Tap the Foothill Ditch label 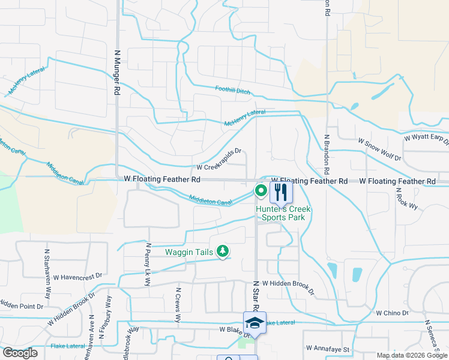[x=234, y=90]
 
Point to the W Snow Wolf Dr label [x=379, y=148]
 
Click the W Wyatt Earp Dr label [x=426, y=139]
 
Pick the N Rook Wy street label [x=398, y=198]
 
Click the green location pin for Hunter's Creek [x=261, y=191]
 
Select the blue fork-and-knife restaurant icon [x=281, y=193]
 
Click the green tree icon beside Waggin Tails [x=223, y=251]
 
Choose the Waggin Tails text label [x=189, y=252]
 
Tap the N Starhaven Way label [x=46, y=274]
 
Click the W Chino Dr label [x=392, y=313]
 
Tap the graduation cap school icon [x=255, y=322]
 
